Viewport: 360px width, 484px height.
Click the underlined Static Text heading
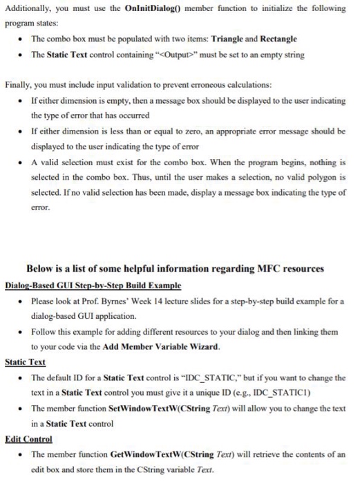coord(25,361)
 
